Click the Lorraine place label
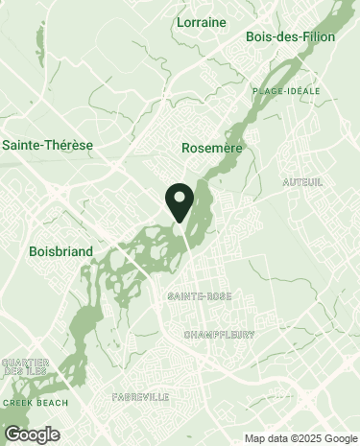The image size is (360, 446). (201, 21)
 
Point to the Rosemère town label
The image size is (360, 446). (211, 149)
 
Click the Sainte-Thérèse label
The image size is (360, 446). (48, 145)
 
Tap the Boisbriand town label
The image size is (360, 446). (61, 251)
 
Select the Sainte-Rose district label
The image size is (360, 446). (199, 296)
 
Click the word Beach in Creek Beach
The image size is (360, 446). (52, 403)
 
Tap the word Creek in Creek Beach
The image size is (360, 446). (18, 403)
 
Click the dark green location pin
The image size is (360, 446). (180, 200)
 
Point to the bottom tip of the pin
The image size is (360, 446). (180, 223)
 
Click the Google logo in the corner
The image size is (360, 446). (32, 434)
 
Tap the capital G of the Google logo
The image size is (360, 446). (12, 434)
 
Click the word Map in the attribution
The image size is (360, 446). (253, 439)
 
